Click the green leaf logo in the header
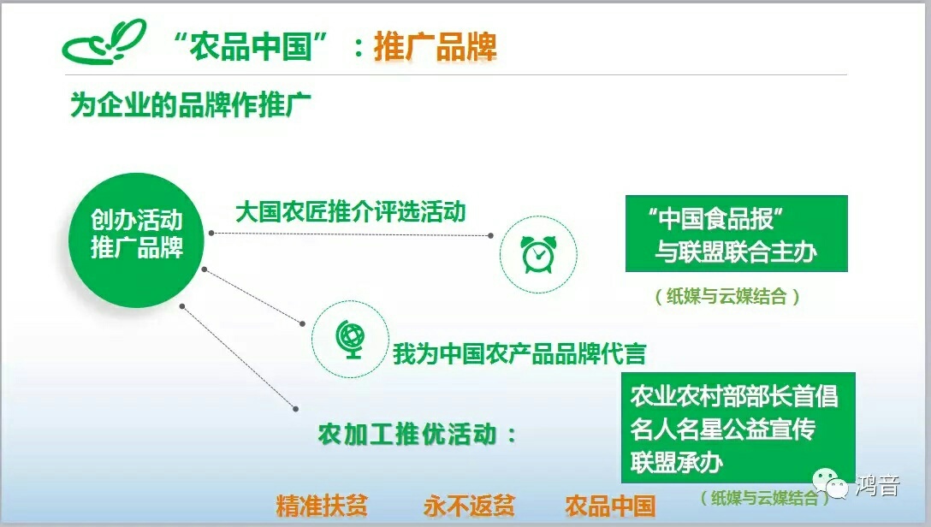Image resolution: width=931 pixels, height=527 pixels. (x=104, y=42)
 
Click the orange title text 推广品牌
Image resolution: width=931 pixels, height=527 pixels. (x=436, y=46)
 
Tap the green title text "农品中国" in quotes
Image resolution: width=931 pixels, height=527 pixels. (x=252, y=45)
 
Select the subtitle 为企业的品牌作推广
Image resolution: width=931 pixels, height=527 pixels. (x=191, y=105)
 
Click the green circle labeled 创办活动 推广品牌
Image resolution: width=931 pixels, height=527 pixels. (x=136, y=240)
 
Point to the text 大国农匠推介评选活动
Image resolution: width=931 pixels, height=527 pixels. (x=350, y=211)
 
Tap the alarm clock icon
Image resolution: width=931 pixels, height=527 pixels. (x=538, y=254)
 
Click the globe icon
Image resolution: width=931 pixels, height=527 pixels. (x=350, y=339)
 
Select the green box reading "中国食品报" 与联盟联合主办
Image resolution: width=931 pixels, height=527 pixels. (x=736, y=234)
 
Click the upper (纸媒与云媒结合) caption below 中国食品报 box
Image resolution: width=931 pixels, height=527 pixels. (x=726, y=295)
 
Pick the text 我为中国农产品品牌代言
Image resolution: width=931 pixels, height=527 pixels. (x=519, y=353)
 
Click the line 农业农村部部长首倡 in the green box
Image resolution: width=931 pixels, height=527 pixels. (x=734, y=396)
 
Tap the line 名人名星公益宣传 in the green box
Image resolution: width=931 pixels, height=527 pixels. (x=722, y=429)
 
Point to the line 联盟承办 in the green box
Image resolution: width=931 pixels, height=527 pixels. (x=676, y=462)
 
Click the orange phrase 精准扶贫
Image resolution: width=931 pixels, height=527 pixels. (x=321, y=506)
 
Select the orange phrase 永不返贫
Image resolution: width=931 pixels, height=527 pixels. (x=469, y=506)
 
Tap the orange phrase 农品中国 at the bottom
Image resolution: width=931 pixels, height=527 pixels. (x=610, y=506)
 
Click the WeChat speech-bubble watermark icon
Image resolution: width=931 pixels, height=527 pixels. (x=830, y=483)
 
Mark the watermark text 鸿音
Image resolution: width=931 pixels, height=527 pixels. (x=878, y=485)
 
